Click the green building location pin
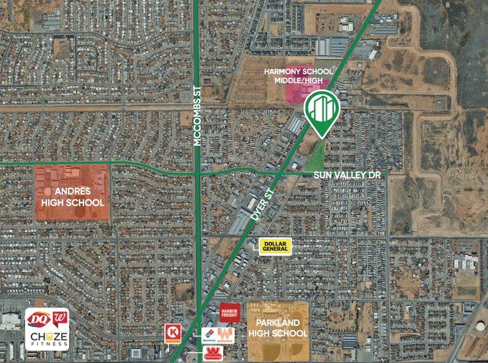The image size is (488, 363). pyautogui.click(x=322, y=112)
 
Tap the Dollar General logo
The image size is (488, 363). pyautogui.click(x=274, y=245)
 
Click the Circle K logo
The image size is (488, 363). pyautogui.click(x=172, y=333)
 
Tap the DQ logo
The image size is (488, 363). pyautogui.click(x=38, y=319)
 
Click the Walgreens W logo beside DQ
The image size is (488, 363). pyautogui.click(x=60, y=319)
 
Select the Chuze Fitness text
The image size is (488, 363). pyautogui.click(x=48, y=339)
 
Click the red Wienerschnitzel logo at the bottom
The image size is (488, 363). pyautogui.click(x=212, y=354)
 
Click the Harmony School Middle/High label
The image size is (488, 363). pyautogui.click(x=298, y=76)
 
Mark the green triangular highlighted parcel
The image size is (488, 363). pyautogui.click(x=315, y=157)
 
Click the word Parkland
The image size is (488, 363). pyautogui.click(x=277, y=322)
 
